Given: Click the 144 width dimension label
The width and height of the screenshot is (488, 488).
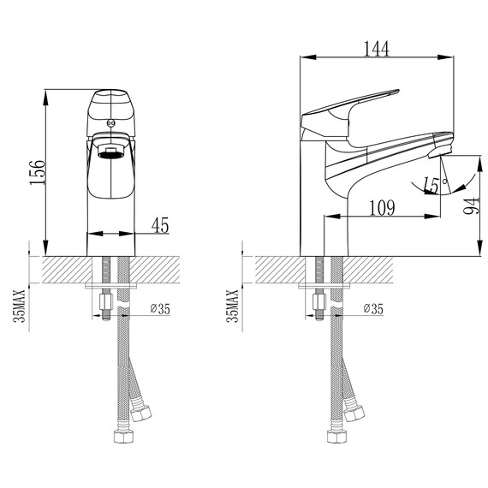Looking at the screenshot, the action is pyautogui.click(x=377, y=49).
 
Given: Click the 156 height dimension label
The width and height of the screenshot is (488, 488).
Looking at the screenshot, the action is pyautogui.click(x=38, y=172).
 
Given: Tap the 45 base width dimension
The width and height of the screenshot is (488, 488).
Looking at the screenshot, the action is pyautogui.click(x=160, y=224).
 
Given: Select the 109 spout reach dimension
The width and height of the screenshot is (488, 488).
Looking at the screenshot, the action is pyautogui.click(x=382, y=207).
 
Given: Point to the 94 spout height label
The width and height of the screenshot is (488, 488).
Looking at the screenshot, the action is pyautogui.click(x=472, y=205).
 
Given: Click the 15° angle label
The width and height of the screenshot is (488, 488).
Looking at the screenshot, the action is pyautogui.click(x=435, y=184).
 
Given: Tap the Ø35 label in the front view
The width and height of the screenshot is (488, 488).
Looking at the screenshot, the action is pyautogui.click(x=160, y=309).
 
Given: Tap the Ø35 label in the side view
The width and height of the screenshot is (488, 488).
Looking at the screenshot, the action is pyautogui.click(x=373, y=309).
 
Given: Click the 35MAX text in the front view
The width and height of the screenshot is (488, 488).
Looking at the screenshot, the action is pyautogui.click(x=20, y=306).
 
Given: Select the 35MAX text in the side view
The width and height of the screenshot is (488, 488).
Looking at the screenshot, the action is pyautogui.click(x=233, y=306).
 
